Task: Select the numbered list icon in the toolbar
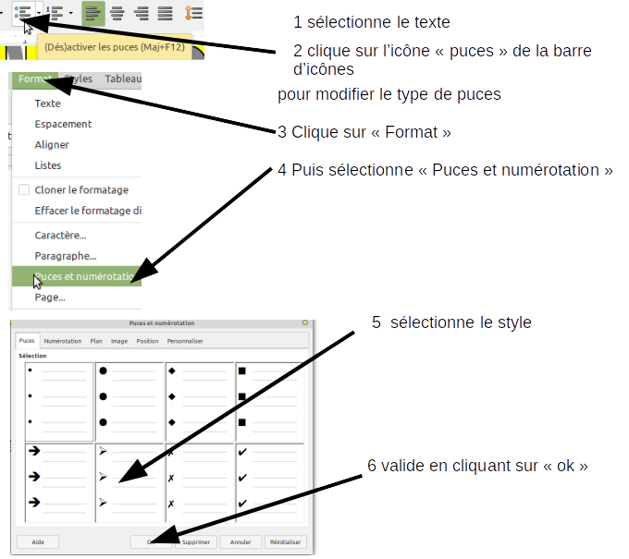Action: tap(55, 13)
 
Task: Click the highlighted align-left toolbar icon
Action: tap(92, 13)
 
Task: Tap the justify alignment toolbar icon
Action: tap(166, 13)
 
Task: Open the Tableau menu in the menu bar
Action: tap(123, 79)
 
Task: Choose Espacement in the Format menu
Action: tap(63, 124)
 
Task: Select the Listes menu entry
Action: tap(48, 165)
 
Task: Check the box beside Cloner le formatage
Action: tap(24, 189)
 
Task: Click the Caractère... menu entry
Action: tap(60, 236)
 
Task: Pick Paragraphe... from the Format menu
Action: tap(65, 256)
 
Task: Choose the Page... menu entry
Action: tap(50, 298)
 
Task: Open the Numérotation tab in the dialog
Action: tap(63, 341)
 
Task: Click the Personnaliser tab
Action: tap(186, 341)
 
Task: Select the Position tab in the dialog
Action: tap(147, 341)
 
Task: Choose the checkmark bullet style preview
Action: tap(271, 478)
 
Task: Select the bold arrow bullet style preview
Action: tap(59, 478)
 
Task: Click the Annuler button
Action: tap(240, 542)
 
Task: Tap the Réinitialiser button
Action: tap(286, 542)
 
